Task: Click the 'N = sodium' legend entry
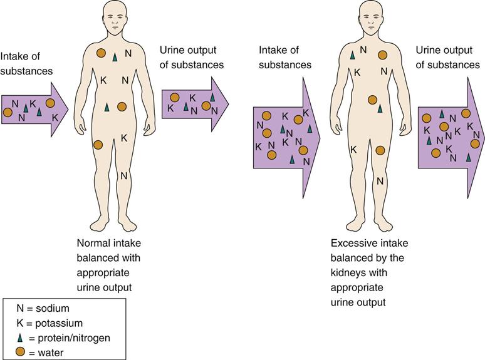click(x=44, y=308)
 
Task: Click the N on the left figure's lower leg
click(x=124, y=176)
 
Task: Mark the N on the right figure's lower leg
click(x=380, y=181)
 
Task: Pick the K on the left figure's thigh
click(x=124, y=137)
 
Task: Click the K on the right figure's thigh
click(x=353, y=150)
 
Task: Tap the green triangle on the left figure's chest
click(x=115, y=57)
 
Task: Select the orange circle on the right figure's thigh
click(x=380, y=150)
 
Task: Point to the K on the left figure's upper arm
click(x=104, y=80)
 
